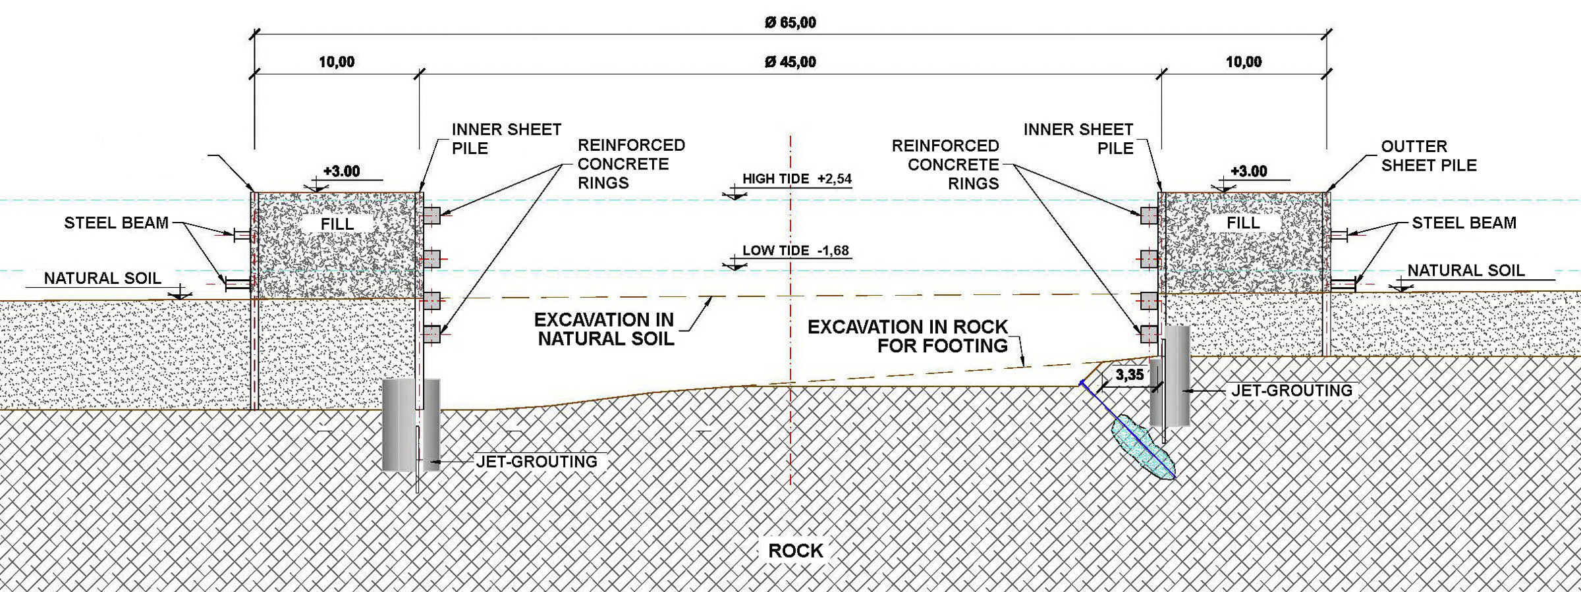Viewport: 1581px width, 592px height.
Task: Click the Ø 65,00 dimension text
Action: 790,22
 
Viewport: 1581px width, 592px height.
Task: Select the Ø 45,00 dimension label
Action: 790,62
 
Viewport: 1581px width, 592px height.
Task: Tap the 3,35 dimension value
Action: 1129,375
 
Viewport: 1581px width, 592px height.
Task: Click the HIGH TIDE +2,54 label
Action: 796,178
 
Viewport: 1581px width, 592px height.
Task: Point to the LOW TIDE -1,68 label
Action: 795,250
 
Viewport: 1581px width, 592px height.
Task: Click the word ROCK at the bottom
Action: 795,551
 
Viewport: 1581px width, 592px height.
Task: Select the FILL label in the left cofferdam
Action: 337,224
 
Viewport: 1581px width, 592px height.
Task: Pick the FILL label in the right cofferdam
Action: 1242,223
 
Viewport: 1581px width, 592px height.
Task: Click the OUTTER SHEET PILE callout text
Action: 1428,155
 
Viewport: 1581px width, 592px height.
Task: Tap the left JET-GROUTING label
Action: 536,462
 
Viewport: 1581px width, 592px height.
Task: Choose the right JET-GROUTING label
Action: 1291,390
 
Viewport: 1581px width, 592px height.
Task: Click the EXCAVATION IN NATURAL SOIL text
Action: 605,329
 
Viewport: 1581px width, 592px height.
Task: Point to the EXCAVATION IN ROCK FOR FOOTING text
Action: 908,336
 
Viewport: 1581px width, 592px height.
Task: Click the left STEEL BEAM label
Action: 116,223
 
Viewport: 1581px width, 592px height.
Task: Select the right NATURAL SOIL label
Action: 1466,270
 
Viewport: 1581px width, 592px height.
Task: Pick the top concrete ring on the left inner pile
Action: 432,215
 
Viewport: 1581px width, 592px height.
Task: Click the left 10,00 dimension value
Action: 337,62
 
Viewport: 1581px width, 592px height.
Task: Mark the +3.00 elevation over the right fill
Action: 1248,171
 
